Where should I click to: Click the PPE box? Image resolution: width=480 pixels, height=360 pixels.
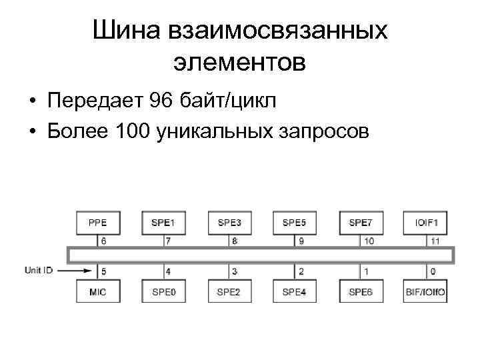pyautogui.click(x=97, y=223)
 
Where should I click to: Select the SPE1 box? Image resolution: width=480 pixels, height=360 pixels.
pyautogui.click(x=164, y=223)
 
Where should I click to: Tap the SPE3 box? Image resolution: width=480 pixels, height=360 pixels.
pyautogui.click(x=230, y=223)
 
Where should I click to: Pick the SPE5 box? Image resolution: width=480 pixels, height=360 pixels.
pyautogui.click(x=295, y=223)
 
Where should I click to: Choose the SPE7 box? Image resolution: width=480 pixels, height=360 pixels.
pyautogui.click(x=361, y=223)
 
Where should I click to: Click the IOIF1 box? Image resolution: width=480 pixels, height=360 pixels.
pyautogui.click(x=426, y=223)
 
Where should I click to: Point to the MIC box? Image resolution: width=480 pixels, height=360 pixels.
pyautogui.click(x=97, y=291)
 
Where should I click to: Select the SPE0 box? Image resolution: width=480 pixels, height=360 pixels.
pyautogui.click(x=164, y=291)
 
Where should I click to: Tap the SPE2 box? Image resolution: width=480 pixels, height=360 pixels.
pyautogui.click(x=230, y=291)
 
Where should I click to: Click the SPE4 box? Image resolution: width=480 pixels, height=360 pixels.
pyautogui.click(x=295, y=291)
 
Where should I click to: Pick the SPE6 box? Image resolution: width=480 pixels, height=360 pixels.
pyautogui.click(x=361, y=291)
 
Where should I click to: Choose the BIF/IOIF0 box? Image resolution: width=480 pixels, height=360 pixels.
pyautogui.click(x=426, y=291)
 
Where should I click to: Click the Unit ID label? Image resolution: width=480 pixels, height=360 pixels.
pyautogui.click(x=39, y=271)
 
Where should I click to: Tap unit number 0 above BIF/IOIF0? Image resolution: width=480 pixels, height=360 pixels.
pyautogui.click(x=434, y=271)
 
